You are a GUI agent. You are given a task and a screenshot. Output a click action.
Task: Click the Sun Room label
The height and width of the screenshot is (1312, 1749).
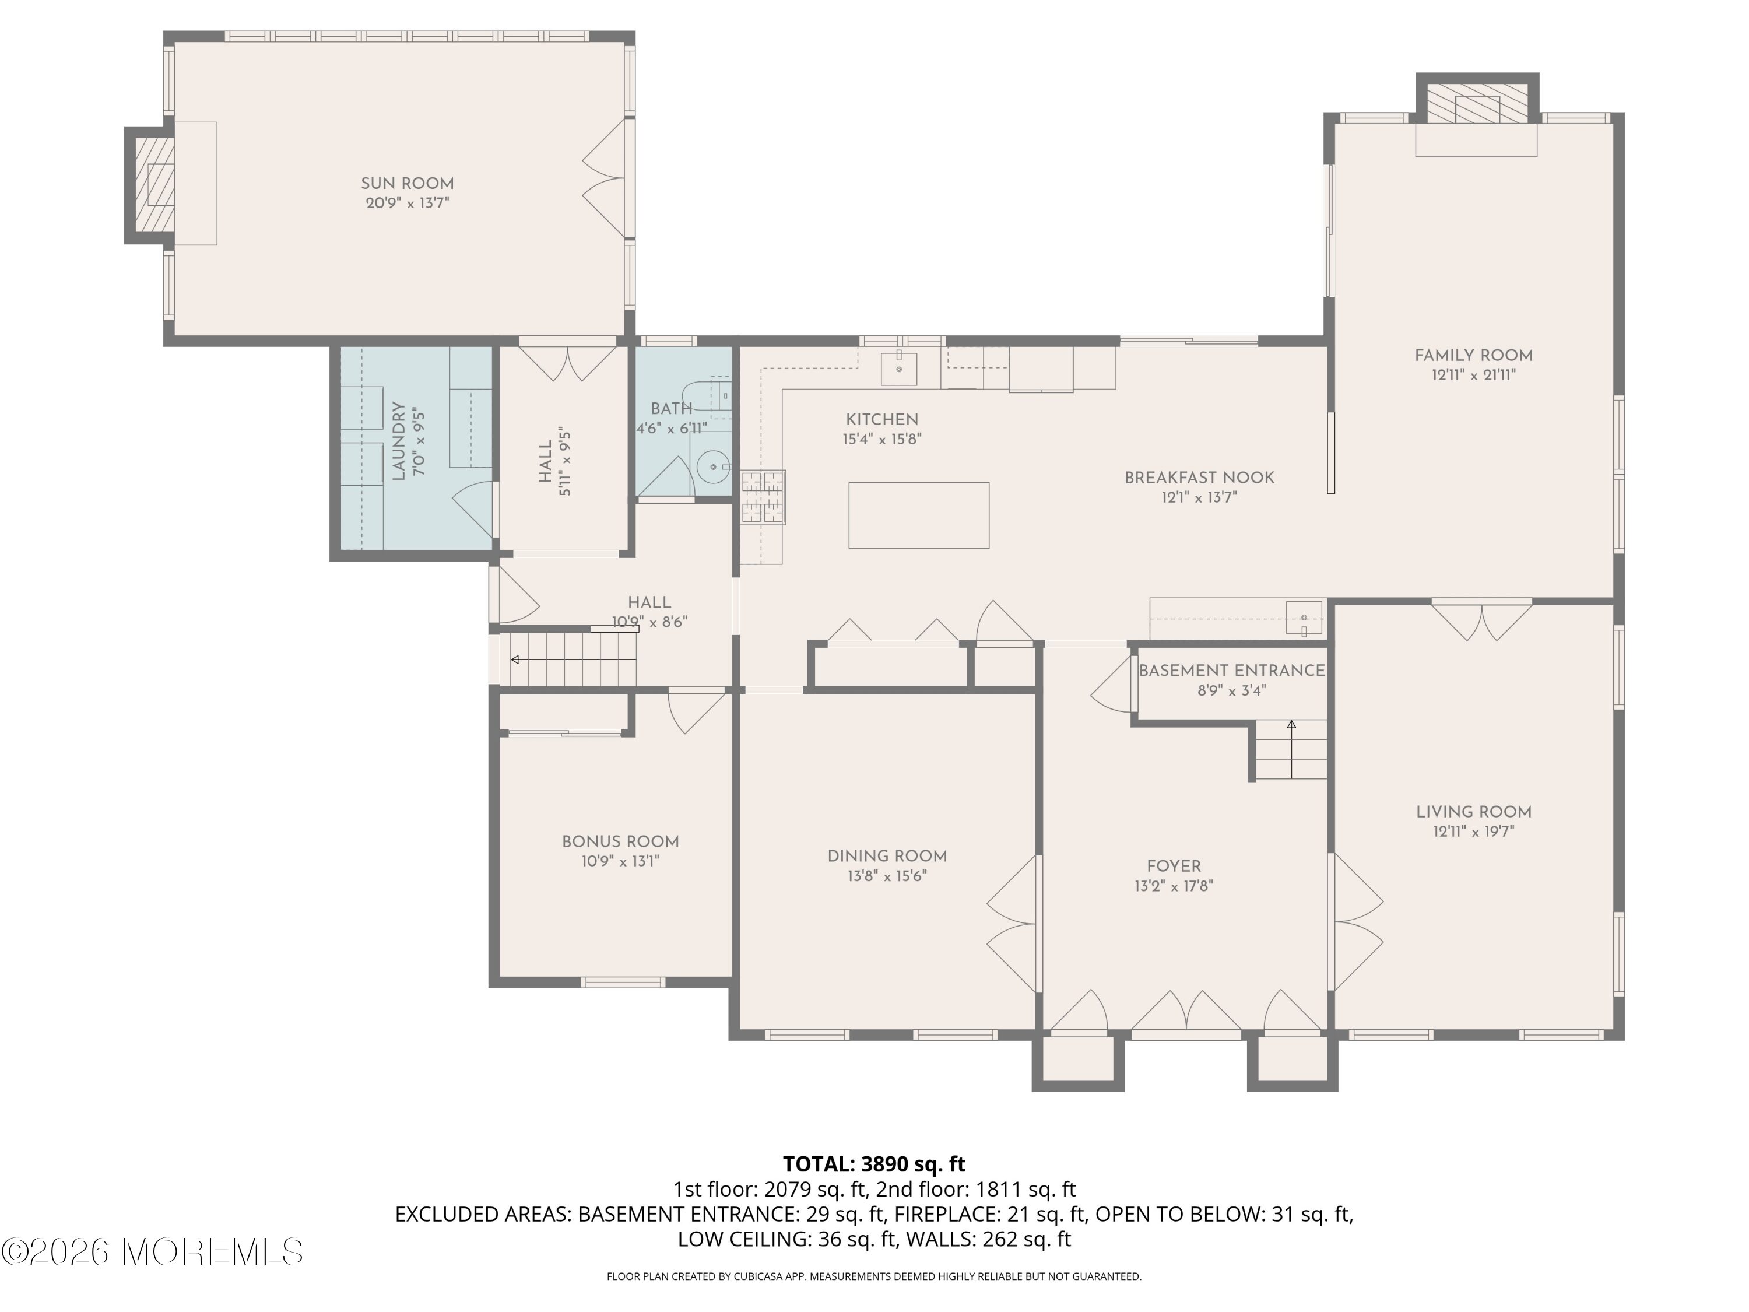[407, 184]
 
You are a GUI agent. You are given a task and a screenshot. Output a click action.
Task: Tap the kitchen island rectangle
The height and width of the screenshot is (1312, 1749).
[919, 515]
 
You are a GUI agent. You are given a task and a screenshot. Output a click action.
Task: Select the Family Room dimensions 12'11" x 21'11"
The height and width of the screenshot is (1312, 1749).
[1473, 376]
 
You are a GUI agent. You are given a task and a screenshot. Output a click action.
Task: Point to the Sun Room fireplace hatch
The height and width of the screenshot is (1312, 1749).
[154, 185]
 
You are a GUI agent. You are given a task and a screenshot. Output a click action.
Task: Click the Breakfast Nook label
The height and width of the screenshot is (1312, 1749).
[1199, 478]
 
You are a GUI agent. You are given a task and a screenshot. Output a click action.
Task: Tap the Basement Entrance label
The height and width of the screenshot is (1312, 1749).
[1231, 671]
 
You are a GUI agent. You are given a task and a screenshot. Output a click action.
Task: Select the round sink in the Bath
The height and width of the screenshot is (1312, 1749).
[714, 468]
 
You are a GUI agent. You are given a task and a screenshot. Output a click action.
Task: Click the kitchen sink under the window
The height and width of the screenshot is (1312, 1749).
[899, 369]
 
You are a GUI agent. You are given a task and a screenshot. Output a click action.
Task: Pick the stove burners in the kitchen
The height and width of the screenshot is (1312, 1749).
[764, 497]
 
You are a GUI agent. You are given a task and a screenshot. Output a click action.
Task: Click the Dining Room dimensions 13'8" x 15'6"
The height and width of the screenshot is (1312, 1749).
[887, 876]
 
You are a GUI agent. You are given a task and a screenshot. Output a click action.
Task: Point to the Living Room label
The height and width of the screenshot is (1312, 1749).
[1473, 812]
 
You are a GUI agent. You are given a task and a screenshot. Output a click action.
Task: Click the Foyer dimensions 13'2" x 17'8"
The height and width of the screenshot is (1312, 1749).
[1174, 886]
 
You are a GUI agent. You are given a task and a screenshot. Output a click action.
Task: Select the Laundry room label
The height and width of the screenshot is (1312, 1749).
[399, 441]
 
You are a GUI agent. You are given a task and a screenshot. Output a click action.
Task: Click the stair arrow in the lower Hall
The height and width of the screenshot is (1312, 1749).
[573, 659]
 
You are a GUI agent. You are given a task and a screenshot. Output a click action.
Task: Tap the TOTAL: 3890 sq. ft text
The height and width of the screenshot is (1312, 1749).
[874, 1164]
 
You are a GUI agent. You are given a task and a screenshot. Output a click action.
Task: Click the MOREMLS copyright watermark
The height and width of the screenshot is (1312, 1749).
[152, 1251]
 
